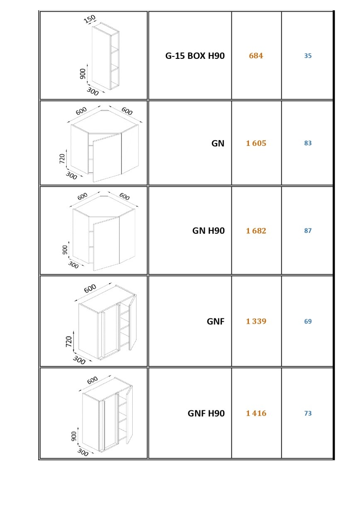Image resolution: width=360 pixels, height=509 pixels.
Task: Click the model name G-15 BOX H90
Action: [x=195, y=56]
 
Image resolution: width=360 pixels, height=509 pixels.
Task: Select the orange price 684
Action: [x=256, y=56]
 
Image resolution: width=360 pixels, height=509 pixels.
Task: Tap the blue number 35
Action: [x=308, y=56]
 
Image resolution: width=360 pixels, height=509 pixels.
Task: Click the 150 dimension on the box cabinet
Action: [x=90, y=19]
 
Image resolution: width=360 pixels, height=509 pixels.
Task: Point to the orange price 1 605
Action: [x=256, y=143]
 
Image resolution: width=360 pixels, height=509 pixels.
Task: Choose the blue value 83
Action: [x=308, y=143]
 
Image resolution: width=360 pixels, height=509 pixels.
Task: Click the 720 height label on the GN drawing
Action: [x=62, y=158]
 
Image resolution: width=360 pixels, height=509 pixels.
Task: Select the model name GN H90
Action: [x=208, y=230]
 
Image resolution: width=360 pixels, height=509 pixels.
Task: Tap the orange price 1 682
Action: [x=256, y=230]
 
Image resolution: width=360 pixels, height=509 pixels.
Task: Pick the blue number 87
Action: [x=308, y=230]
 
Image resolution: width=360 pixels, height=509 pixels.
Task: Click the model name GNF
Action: [x=215, y=321]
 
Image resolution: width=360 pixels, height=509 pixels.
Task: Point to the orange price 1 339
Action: [x=256, y=321]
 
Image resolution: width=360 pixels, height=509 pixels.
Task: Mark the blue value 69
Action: [x=308, y=321]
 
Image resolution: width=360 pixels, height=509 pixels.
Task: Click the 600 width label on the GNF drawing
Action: [x=90, y=288]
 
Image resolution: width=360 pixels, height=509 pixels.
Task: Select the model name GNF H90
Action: [x=206, y=413]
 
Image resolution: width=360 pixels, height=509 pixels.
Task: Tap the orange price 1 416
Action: [x=256, y=413]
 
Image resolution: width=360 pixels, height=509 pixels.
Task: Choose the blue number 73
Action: [x=308, y=413]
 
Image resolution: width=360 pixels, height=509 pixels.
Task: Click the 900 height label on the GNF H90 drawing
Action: [x=74, y=436]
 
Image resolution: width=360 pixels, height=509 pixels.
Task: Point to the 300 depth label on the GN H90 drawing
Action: [x=73, y=265]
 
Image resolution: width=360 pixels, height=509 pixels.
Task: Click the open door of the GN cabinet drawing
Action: [x=107, y=158]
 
